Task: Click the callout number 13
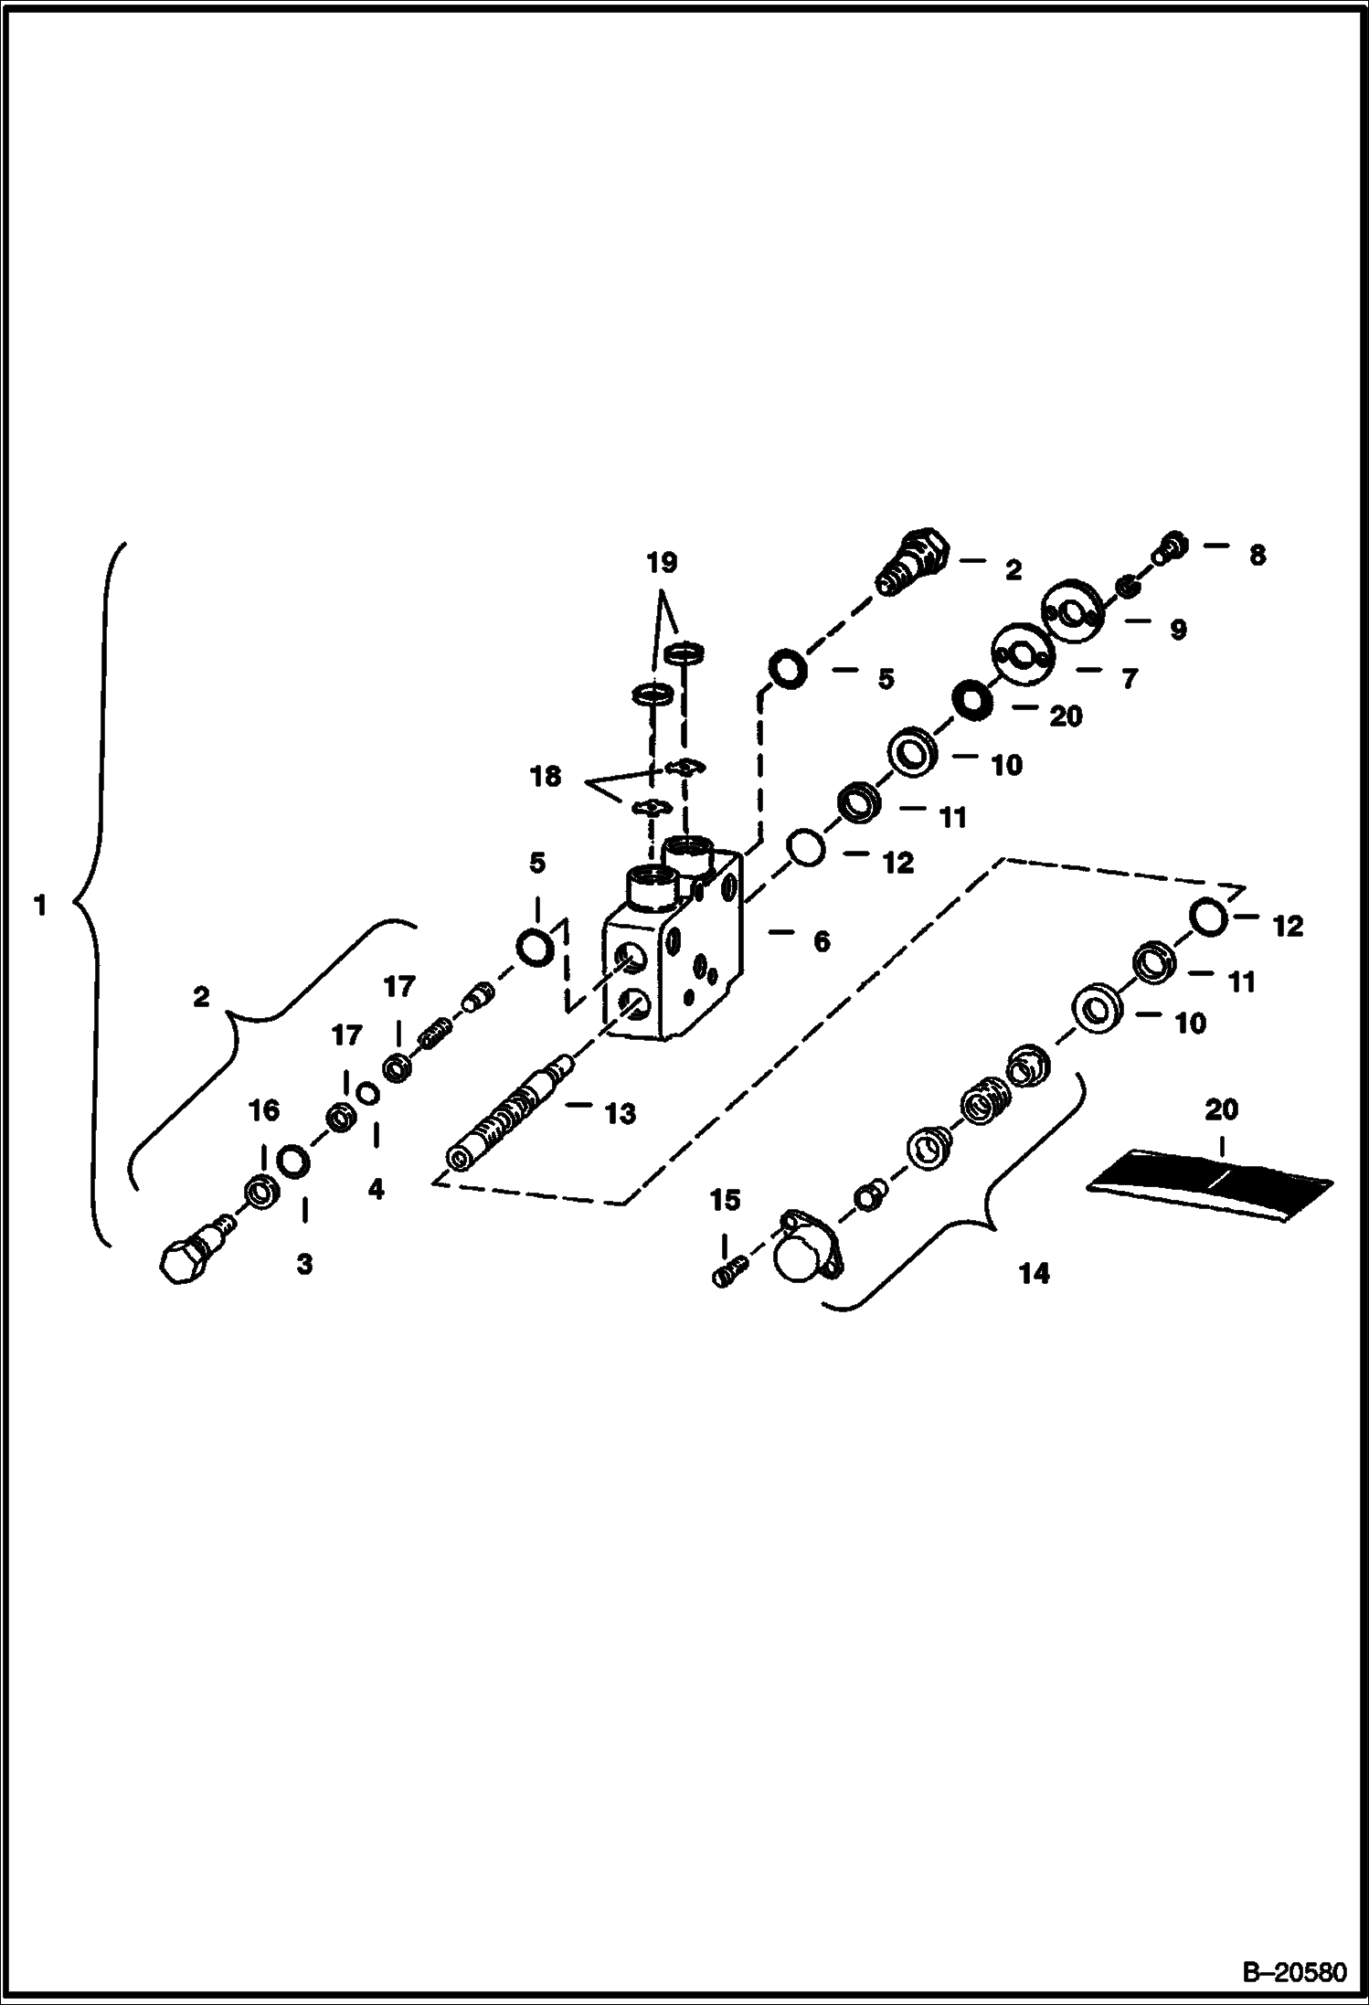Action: (x=620, y=1113)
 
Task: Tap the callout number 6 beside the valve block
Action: (x=822, y=940)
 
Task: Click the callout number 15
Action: (x=725, y=1200)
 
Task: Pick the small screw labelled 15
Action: (x=730, y=1271)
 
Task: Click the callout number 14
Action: (x=1034, y=1273)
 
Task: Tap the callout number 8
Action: (x=1258, y=555)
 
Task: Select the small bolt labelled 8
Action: (x=1174, y=547)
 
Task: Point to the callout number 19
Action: (x=662, y=563)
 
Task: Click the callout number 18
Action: (x=546, y=777)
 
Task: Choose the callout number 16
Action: (x=264, y=1110)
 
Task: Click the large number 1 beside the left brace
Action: (x=39, y=906)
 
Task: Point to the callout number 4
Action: (x=376, y=1189)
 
